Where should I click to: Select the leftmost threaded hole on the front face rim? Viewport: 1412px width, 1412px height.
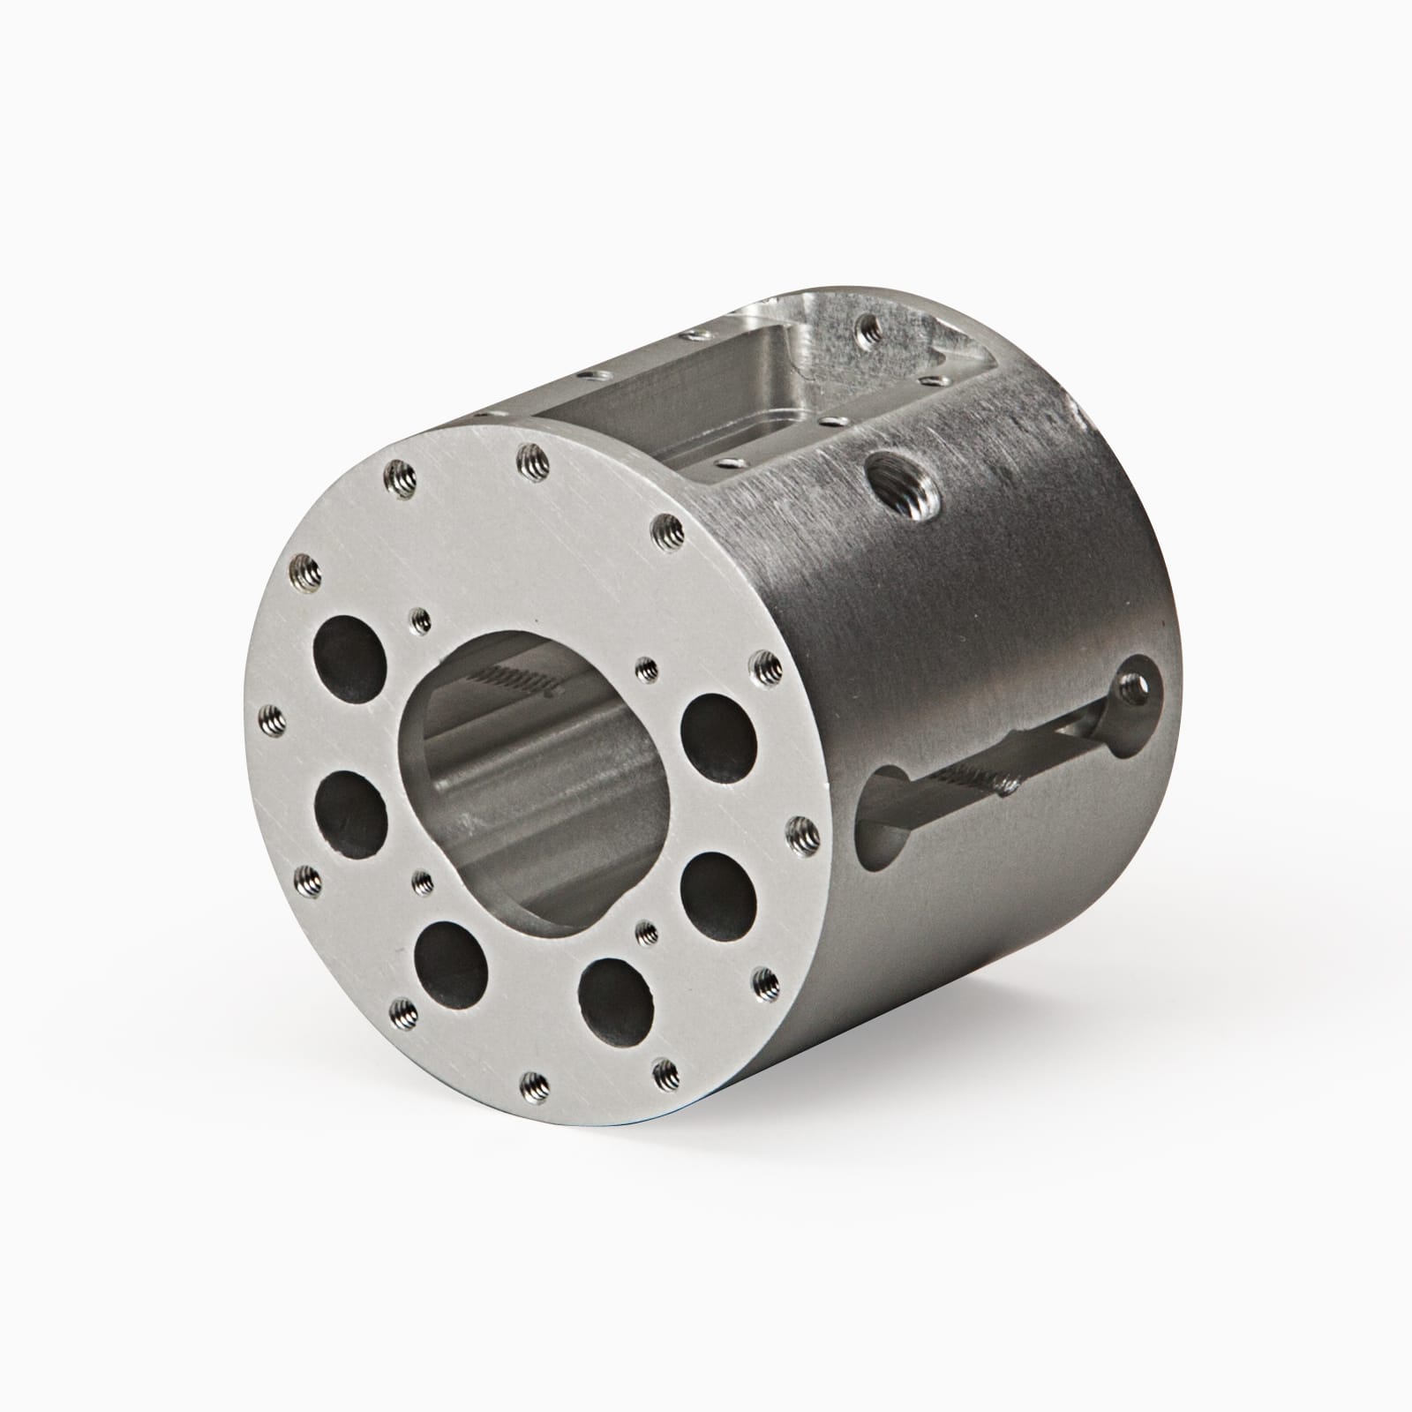pyautogui.click(x=272, y=719)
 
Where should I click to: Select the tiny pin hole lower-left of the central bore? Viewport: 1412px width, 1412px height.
pyautogui.click(x=423, y=880)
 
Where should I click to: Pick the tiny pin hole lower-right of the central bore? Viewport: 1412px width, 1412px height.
pyautogui.click(x=647, y=930)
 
